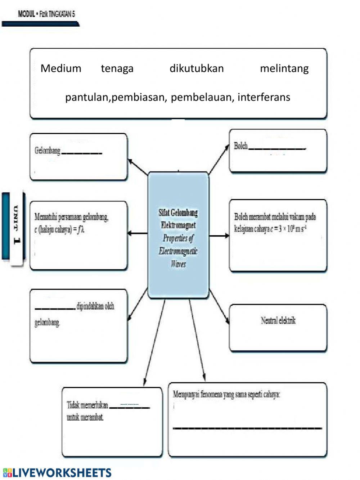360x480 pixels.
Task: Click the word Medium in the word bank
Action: (x=61, y=68)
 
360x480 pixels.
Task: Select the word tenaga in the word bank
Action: (x=117, y=68)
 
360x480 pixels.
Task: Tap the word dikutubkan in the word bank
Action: (x=197, y=68)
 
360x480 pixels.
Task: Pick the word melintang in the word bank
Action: (x=284, y=68)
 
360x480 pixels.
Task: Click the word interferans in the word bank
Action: (x=264, y=97)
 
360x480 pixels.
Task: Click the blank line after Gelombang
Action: (x=82, y=152)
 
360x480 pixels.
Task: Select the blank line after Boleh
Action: (x=277, y=148)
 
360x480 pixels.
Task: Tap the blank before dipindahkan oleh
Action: (x=55, y=308)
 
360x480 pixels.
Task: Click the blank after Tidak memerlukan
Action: (x=129, y=407)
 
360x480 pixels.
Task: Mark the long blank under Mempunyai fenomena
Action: (x=247, y=427)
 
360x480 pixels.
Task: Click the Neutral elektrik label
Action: (x=278, y=320)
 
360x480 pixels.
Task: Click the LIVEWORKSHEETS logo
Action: (x=57, y=472)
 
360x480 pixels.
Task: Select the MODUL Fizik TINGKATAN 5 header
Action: (x=46, y=14)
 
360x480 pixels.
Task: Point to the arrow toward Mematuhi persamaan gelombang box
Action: (x=137, y=234)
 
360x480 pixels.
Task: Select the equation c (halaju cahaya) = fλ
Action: (x=59, y=229)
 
